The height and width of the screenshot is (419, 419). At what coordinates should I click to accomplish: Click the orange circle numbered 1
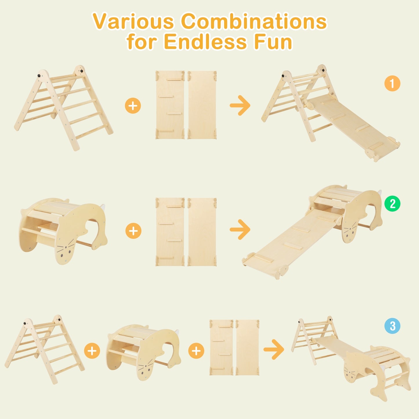tap(392, 84)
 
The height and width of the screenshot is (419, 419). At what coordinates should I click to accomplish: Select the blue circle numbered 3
tap(392, 326)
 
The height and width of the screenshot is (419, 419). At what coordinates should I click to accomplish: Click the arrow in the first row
tap(240, 106)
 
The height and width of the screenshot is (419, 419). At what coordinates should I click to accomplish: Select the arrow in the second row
tap(240, 229)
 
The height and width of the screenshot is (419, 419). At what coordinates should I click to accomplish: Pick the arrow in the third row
tap(274, 350)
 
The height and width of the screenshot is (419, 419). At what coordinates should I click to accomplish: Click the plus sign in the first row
tap(133, 106)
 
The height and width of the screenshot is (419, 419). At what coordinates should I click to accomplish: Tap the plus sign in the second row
tap(133, 231)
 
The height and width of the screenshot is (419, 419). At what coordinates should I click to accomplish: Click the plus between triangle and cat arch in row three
tap(92, 351)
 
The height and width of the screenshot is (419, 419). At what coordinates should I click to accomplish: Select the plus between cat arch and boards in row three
tap(196, 351)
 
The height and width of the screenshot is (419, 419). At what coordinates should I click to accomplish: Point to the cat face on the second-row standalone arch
tap(65, 251)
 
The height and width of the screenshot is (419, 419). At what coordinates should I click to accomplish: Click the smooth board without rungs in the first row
tap(202, 105)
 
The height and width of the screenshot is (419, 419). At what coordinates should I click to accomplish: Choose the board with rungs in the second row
tap(170, 232)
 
